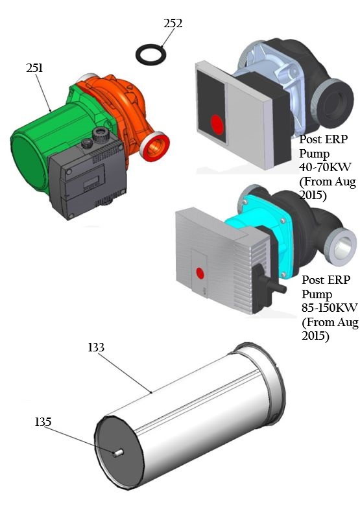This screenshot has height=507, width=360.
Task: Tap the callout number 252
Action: (173, 23)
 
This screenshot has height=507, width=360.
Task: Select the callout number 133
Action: (96, 348)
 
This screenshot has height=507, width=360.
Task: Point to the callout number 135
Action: (43, 422)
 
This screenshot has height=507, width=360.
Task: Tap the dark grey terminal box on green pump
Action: (88, 175)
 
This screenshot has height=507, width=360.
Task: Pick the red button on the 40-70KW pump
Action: (216, 123)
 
